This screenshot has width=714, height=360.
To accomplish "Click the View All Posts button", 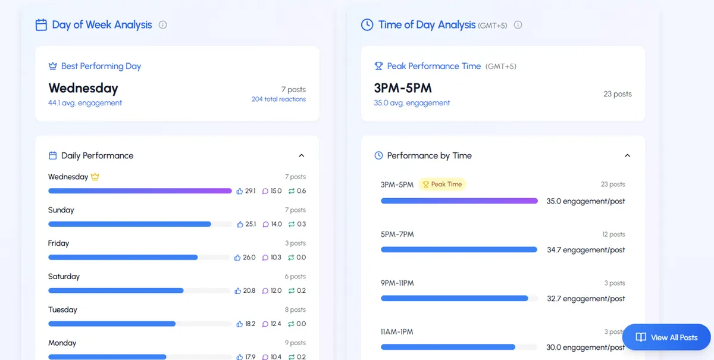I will tap(666, 337).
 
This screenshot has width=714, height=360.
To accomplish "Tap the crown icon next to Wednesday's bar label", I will tap(95, 177).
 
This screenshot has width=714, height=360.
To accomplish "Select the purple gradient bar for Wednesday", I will tap(140, 191).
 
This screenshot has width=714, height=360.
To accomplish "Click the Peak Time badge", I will tap(442, 184).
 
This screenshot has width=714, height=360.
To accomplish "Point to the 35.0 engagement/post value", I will tap(585, 201).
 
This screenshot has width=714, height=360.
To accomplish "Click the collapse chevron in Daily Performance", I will tap(301, 156).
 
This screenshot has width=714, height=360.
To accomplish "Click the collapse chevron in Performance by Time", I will tap(627, 156).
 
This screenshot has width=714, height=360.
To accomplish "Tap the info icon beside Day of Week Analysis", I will tap(163, 25).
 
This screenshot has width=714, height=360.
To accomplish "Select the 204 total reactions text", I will tap(278, 99).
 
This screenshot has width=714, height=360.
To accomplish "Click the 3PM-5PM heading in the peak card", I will tap(403, 88).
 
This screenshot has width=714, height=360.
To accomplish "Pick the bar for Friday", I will tap(123, 258).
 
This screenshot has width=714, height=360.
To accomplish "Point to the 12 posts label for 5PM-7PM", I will tap(613, 234).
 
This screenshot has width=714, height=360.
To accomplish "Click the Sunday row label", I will tap(61, 210).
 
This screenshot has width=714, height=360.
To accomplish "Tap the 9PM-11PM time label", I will tap(397, 283).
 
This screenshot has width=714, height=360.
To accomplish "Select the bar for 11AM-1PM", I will tap(448, 347).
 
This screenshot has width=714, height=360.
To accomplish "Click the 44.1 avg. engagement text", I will tap(85, 103).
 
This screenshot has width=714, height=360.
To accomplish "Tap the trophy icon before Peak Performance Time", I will tap(378, 66).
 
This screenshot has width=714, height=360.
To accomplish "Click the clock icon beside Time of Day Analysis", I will tap(367, 25).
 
